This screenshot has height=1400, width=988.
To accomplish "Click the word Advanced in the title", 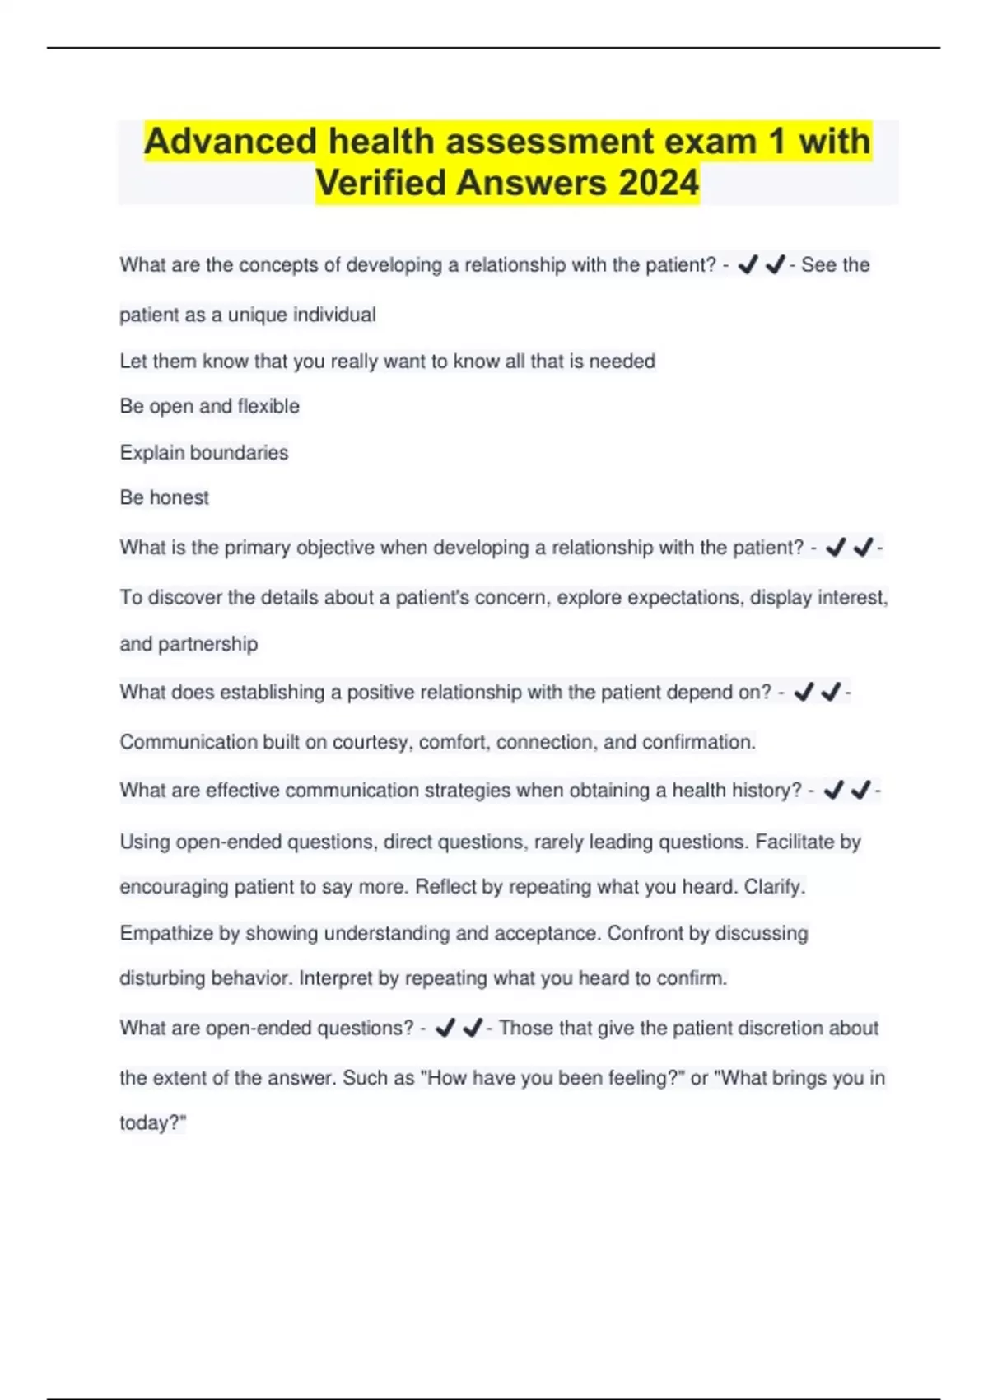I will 231,142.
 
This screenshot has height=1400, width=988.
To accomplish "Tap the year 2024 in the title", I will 659,183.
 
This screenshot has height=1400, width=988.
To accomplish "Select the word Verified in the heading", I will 380,183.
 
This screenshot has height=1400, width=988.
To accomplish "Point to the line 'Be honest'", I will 165,497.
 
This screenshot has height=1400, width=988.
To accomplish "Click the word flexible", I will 268,406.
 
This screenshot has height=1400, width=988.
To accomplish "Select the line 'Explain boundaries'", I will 204,452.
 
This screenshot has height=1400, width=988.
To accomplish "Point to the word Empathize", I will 166,933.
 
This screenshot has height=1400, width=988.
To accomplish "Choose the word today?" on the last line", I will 153,1123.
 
